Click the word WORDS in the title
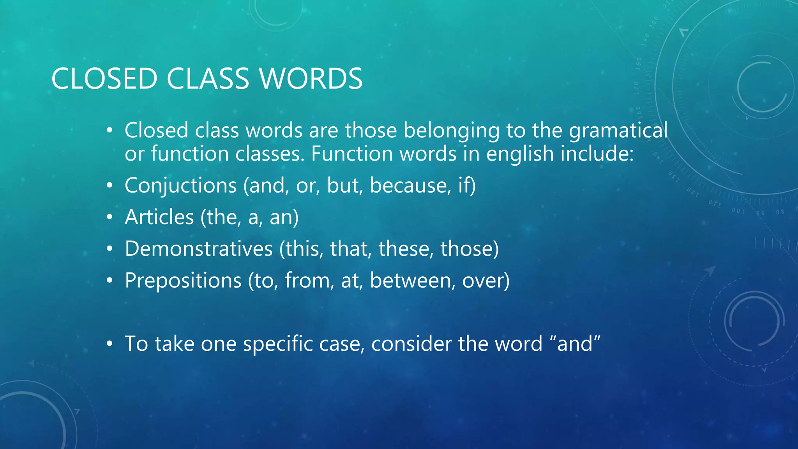tap(311, 79)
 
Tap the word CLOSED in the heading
tap(104, 79)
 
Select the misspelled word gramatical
tap(618, 131)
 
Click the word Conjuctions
tap(181, 185)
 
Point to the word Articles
tap(159, 217)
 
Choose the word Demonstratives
tap(199, 249)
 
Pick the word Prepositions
tap(183, 280)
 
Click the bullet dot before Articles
tap(110, 217)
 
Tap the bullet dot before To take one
tap(110, 344)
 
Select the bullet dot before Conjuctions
tap(110, 185)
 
